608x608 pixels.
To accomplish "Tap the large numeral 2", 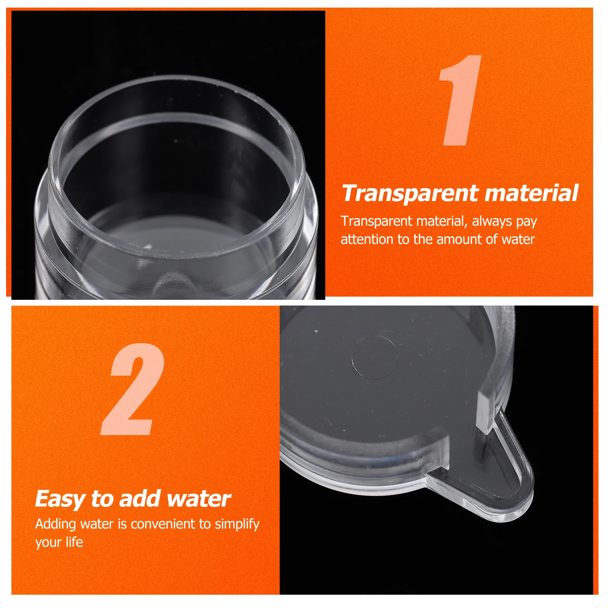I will click(133, 389).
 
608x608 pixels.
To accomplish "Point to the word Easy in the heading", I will click(60, 499).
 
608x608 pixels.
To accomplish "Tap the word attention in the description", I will click(367, 239).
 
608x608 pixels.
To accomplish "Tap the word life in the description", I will click(74, 542).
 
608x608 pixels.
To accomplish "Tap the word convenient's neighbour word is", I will click(122, 524).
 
